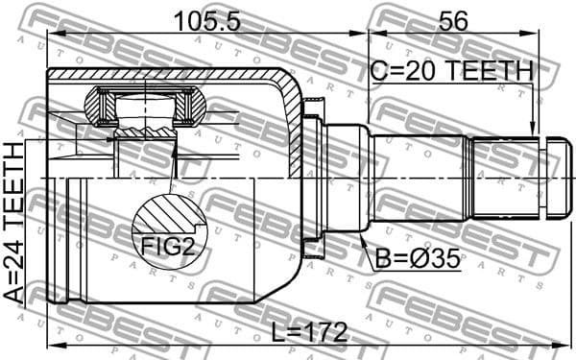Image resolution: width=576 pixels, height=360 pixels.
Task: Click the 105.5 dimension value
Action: click(x=205, y=18)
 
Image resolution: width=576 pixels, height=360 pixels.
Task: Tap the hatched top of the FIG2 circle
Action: click(x=169, y=213)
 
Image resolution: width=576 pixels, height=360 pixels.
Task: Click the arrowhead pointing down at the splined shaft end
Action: click(x=534, y=128)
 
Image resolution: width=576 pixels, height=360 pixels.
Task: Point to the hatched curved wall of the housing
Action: click(x=291, y=125)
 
